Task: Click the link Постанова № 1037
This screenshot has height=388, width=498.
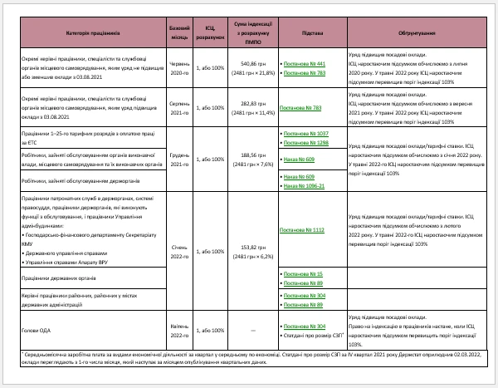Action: pos(306,133)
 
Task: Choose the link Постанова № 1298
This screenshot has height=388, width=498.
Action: pos(306,143)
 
